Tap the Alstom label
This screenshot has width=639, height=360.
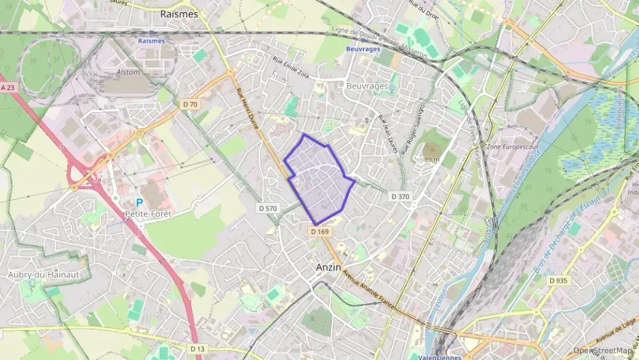(128, 72)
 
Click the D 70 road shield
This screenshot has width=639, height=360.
(190, 104)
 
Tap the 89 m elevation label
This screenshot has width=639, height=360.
(431, 159)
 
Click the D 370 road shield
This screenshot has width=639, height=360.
(401, 196)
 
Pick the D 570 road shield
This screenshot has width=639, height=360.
(268, 207)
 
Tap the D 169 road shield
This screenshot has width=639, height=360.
(319, 232)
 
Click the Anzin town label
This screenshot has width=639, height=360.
(328, 268)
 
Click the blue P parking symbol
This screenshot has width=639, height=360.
(139, 203)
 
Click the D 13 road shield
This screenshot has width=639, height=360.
(197, 349)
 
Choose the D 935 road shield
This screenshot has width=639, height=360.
(560, 281)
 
